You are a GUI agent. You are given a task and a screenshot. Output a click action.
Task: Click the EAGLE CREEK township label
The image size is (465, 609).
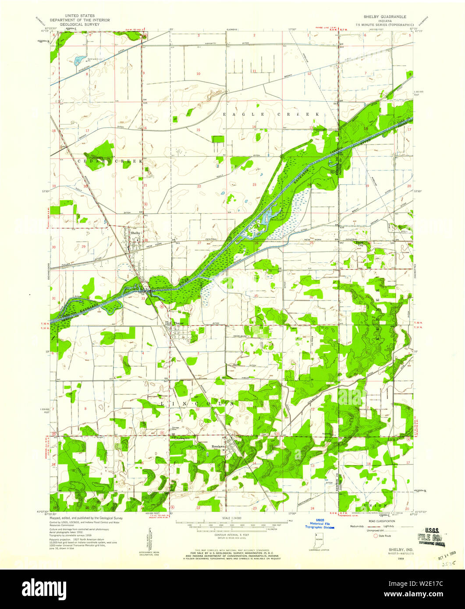(270, 114)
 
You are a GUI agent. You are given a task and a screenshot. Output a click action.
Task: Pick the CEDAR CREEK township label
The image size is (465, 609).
(110, 161)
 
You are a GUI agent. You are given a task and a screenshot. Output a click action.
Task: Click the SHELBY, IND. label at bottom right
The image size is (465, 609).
(397, 549)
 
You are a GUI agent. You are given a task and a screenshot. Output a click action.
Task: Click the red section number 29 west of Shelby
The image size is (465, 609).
(83, 247)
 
